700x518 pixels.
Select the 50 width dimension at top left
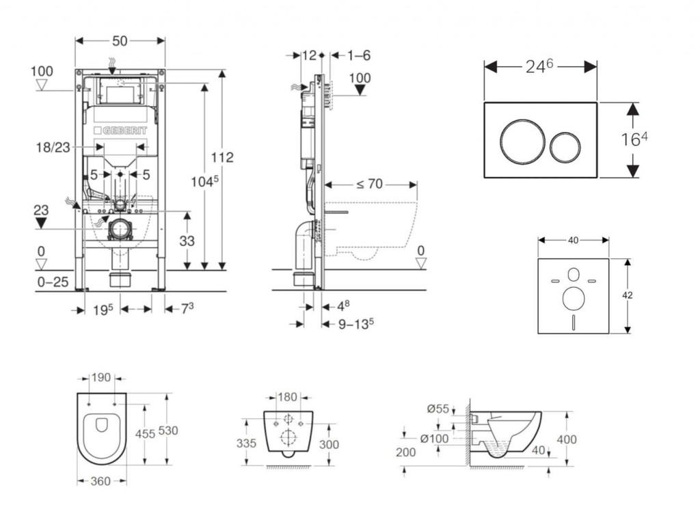(120, 41)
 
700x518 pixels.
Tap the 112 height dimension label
(222, 157)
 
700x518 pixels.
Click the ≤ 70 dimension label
(369, 184)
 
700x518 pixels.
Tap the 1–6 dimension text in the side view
(358, 55)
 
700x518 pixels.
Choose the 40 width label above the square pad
(573, 240)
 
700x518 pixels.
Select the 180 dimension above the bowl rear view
(287, 397)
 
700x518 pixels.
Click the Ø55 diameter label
(438, 409)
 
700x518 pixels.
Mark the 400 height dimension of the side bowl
(567, 439)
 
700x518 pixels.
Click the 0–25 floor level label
(53, 281)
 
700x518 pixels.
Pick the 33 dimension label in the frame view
(187, 241)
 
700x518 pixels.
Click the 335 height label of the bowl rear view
(247, 444)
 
